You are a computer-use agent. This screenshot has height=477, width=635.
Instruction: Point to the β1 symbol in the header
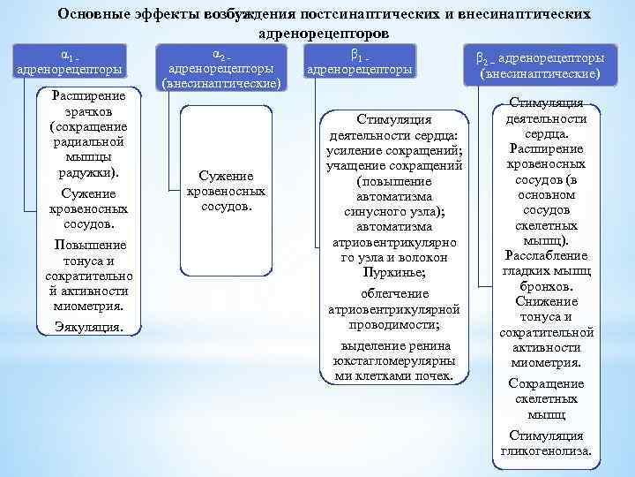(x=356, y=55)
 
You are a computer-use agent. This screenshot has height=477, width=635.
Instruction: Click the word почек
(x=431, y=375)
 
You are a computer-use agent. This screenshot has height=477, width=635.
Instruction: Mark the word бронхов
(x=547, y=286)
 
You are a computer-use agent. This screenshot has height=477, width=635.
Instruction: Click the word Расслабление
(x=547, y=255)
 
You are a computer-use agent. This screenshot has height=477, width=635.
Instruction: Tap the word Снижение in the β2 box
(x=547, y=301)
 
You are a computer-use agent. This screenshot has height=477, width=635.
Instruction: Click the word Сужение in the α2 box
(x=227, y=176)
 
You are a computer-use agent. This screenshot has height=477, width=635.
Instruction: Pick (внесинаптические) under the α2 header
(x=221, y=84)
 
